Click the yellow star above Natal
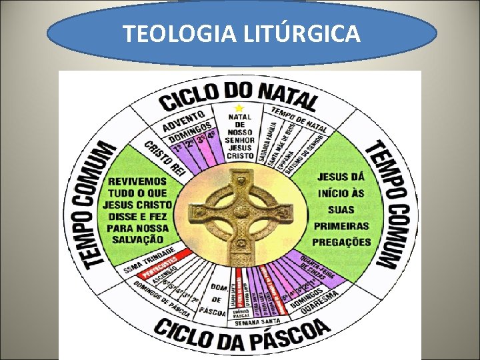tap(239, 108)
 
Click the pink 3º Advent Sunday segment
tap(199, 141)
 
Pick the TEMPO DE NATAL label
tap(298, 118)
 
